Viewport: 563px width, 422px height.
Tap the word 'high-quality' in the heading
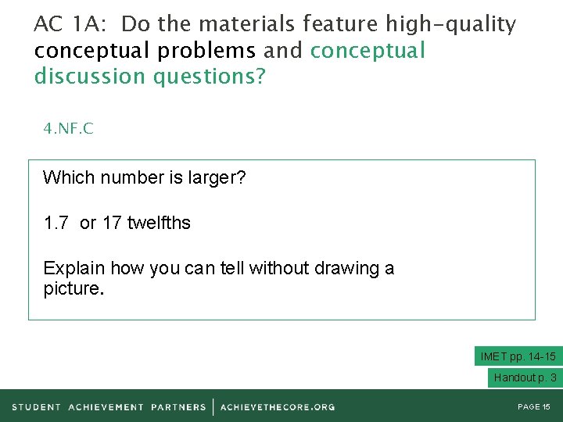pos(451,25)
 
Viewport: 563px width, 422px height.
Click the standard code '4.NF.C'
pos(69,129)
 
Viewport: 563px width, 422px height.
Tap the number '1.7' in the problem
pos(56,223)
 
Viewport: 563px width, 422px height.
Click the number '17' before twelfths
pos(112,223)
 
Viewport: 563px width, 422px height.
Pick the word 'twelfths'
pos(159,223)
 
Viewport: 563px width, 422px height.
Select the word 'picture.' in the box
pos(74,289)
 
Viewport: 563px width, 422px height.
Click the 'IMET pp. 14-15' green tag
pos(518,356)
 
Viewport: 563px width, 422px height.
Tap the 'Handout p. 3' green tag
pos(525,377)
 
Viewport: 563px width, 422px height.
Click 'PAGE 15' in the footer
pos(535,407)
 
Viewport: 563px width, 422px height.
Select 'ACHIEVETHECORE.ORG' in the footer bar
pos(278,407)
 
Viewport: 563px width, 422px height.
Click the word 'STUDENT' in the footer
pos(37,407)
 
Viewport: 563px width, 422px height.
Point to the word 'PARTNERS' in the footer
pos(179,407)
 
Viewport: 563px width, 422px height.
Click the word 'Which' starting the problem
pos(64,177)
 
